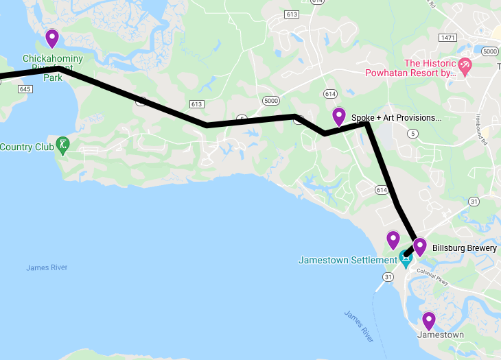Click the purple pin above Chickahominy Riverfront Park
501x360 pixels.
pyautogui.click(x=51, y=38)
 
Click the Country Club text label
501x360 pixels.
pyautogui.click(x=27, y=147)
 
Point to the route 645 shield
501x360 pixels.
pyautogui.click(x=25, y=89)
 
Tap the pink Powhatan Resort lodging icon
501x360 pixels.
pyautogui.click(x=465, y=66)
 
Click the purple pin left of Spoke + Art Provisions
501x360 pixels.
pyautogui.click(x=338, y=117)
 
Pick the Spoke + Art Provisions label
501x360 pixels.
pyautogui.click(x=396, y=118)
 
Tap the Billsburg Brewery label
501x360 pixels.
pyautogui.click(x=464, y=248)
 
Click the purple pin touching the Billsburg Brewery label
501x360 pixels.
pyautogui.click(x=419, y=247)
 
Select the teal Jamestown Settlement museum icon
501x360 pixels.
pyautogui.click(x=406, y=259)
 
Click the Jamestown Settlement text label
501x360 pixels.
pyautogui.click(x=347, y=260)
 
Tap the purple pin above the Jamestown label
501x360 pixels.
pyautogui.click(x=429, y=321)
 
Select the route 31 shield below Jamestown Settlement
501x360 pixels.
pyautogui.click(x=388, y=277)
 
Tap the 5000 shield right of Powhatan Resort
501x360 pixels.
pyautogui.click(x=490, y=51)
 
